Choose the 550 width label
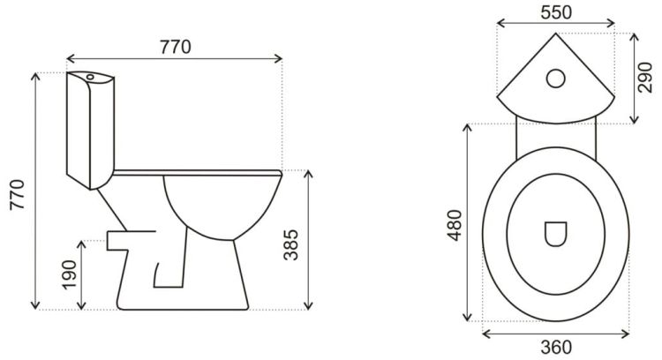point(556,11)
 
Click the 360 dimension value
point(556,348)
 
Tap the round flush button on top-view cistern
point(556,78)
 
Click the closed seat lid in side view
point(196,170)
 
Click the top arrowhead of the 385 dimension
point(308,173)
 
